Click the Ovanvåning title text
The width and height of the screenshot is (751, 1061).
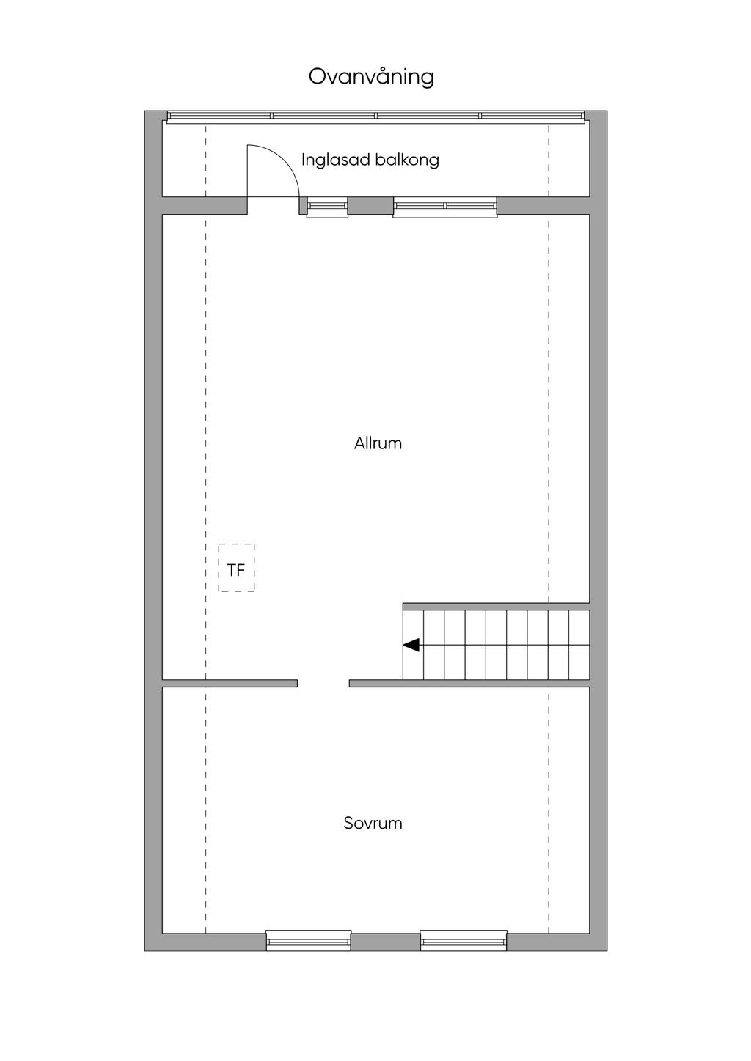click(x=371, y=77)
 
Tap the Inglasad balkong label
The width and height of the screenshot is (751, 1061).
click(x=370, y=160)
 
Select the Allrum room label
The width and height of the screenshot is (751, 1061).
click(x=378, y=443)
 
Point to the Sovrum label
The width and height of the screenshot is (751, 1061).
click(x=373, y=823)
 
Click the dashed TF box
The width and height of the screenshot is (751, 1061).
click(x=237, y=567)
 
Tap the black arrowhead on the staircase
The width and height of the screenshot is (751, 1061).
click(x=411, y=645)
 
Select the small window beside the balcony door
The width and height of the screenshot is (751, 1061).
click(x=327, y=207)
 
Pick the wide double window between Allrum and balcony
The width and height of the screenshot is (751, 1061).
click(x=444, y=207)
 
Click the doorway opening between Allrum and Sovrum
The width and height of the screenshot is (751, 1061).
click(x=323, y=683)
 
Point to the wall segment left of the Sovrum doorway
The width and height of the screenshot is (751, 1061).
click(x=230, y=683)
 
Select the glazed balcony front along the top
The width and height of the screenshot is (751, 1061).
click(x=375, y=117)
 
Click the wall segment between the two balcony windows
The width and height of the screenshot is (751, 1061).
click(x=370, y=206)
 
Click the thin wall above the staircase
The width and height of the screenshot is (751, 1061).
click(x=496, y=606)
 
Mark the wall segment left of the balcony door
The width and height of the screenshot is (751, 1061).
click(x=205, y=206)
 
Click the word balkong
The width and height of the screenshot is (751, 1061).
click(x=407, y=160)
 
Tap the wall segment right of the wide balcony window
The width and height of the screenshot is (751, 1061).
click(x=543, y=206)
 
